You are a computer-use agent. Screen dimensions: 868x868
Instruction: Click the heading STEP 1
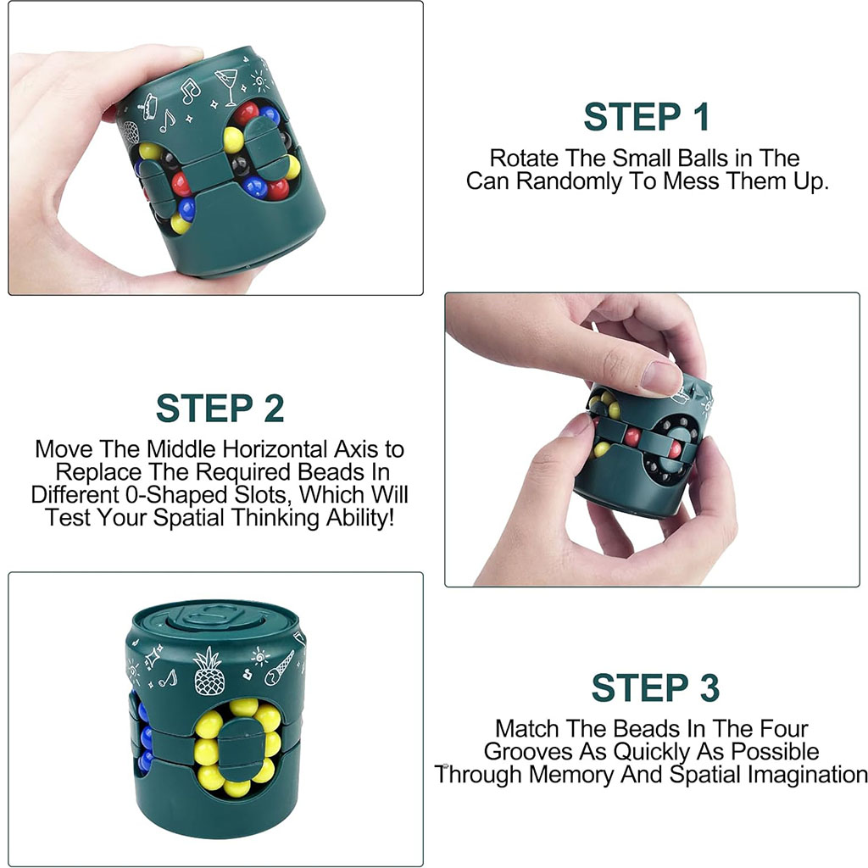click(x=646, y=117)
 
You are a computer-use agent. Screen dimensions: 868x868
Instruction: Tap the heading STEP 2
click(x=220, y=409)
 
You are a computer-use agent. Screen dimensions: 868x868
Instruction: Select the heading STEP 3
click(x=655, y=688)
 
